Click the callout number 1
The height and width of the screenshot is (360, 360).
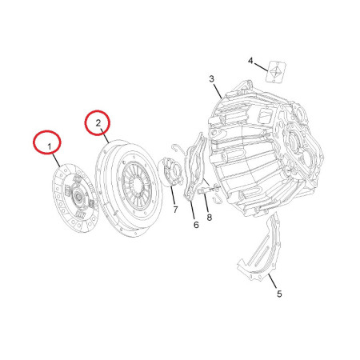click(x=50, y=146)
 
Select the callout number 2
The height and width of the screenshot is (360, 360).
click(x=98, y=123)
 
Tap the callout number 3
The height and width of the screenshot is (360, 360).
click(x=211, y=79)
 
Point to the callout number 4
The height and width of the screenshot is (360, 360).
click(x=250, y=61)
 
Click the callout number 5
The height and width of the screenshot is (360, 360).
click(x=279, y=294)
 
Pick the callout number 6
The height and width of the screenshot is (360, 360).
click(x=196, y=225)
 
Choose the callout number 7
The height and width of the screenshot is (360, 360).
click(x=175, y=210)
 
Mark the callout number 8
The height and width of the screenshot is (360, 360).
click(x=210, y=218)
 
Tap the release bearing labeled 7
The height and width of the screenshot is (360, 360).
click(x=171, y=172)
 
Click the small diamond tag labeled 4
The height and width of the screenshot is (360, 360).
click(x=276, y=72)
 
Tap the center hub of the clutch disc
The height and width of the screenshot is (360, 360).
click(x=79, y=198)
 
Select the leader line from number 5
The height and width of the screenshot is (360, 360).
click(x=273, y=281)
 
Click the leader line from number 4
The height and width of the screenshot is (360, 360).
click(x=261, y=67)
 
